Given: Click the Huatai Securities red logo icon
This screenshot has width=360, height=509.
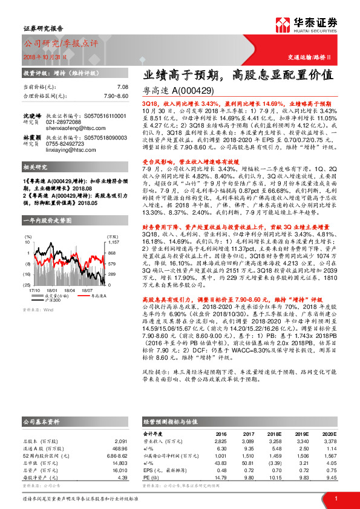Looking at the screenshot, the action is [282, 24].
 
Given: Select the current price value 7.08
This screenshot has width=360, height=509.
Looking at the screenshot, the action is [123, 88].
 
